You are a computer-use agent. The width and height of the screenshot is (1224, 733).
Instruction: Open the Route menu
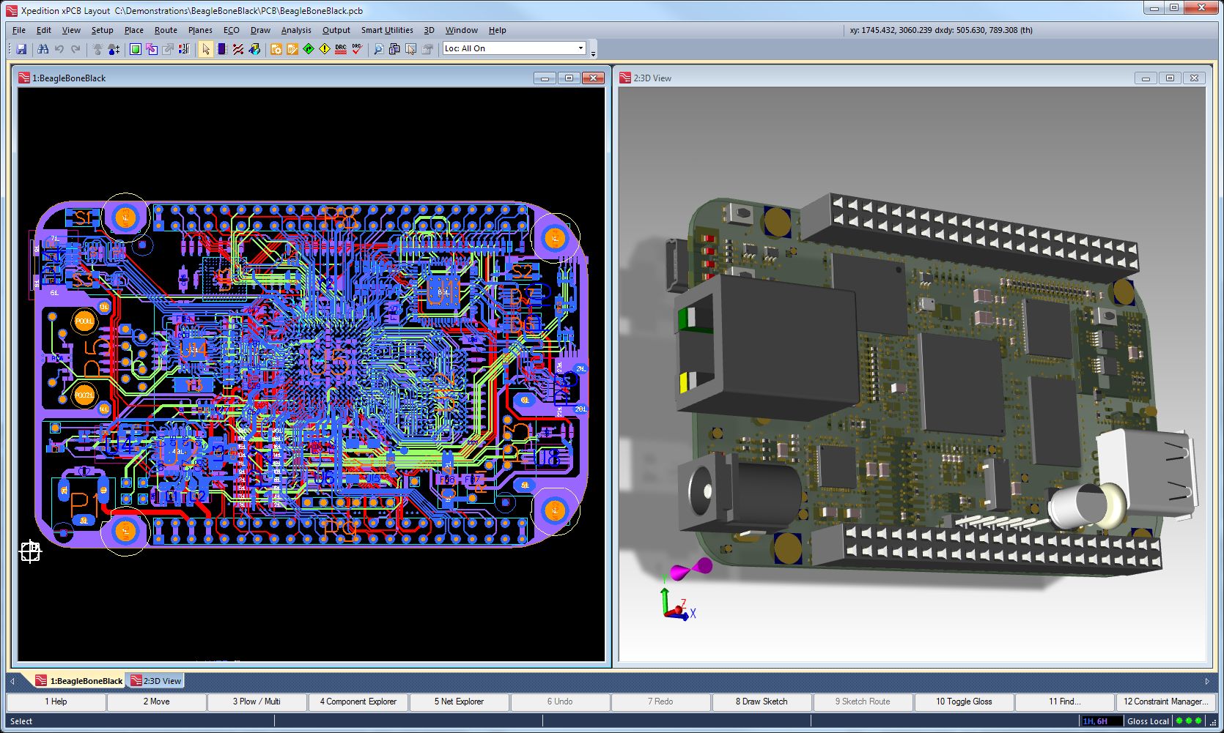[166, 30]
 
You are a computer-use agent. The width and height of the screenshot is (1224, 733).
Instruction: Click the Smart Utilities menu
[387, 30]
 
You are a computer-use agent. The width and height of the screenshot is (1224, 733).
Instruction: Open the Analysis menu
[296, 30]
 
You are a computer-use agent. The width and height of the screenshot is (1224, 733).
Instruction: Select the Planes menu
[200, 30]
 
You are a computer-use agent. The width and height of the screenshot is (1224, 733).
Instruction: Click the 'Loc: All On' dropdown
[515, 48]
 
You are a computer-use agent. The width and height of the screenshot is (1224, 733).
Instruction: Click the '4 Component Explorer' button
[358, 702]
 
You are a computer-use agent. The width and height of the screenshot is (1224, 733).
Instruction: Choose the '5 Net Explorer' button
[459, 702]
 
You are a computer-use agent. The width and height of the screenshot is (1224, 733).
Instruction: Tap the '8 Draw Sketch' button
[762, 702]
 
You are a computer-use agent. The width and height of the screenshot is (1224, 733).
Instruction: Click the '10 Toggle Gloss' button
[964, 702]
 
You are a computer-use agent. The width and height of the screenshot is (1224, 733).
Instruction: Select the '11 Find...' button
[1064, 702]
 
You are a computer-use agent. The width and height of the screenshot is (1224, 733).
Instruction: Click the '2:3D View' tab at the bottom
[156, 681]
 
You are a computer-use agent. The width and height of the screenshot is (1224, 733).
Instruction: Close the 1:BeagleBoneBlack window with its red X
[593, 78]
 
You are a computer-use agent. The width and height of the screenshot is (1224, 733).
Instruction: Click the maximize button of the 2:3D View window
[1170, 78]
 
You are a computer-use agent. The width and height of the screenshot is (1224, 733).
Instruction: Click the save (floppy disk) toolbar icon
[21, 49]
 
